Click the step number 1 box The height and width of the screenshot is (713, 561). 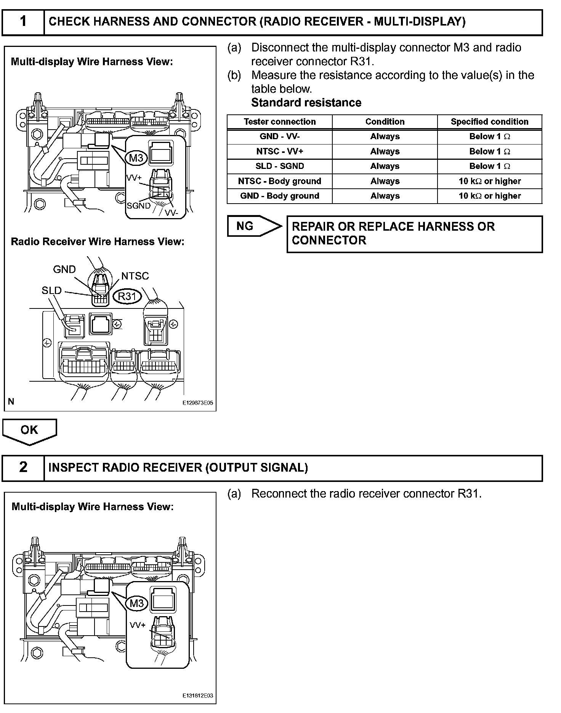[23, 22]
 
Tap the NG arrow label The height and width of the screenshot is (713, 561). [245, 226]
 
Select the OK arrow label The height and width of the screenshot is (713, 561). [29, 430]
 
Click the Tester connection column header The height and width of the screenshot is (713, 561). [280, 122]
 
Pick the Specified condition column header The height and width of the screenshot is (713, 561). [489, 122]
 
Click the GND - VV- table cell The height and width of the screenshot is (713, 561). [280, 136]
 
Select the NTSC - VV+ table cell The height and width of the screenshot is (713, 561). [280, 151]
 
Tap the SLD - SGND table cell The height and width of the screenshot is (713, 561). [280, 166]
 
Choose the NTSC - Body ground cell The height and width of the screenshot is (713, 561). [280, 181]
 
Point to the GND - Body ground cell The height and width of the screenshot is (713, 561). [280, 196]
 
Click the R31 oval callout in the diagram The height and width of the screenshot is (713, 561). [127, 296]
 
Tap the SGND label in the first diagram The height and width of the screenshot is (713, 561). [138, 206]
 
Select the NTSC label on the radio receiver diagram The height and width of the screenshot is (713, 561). [135, 276]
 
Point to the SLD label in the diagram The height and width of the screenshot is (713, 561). [51, 291]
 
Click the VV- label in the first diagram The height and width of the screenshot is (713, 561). [172, 213]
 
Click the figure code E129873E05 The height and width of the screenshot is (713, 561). [197, 403]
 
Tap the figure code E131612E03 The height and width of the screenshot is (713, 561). [197, 696]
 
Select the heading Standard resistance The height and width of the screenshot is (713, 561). [306, 103]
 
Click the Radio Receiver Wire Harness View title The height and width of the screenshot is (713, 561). [98, 242]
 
